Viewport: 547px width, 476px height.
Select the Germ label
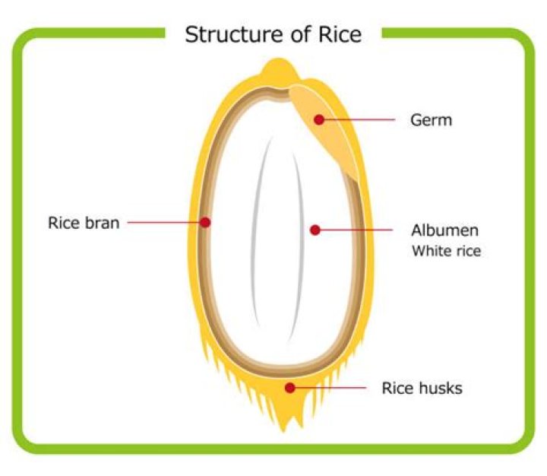(x=431, y=120)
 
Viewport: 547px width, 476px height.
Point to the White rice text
(x=446, y=251)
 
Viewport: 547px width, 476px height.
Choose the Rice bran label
(x=84, y=223)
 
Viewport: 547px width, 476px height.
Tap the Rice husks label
(x=422, y=389)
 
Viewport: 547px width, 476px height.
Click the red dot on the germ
(x=320, y=119)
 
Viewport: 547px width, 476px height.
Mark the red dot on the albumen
(x=315, y=230)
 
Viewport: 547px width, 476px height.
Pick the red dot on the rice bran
(x=205, y=223)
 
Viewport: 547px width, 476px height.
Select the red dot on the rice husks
(x=289, y=388)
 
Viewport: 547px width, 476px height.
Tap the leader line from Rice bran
(x=163, y=223)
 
